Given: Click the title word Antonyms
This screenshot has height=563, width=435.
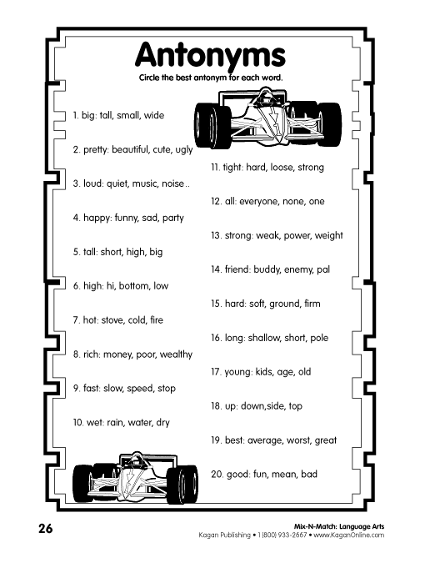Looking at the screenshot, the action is pos(210,56).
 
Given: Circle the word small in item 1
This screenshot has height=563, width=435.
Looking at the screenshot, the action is pos(128,115).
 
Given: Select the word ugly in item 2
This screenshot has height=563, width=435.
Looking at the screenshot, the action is pos(184,150).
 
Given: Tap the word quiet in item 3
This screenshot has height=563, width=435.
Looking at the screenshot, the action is pos(117,183).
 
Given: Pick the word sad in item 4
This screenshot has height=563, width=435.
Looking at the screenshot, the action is pos(150,218).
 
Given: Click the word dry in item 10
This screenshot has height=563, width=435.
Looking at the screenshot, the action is pos(162,423).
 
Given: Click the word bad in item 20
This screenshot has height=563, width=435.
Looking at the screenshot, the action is pos(309,474).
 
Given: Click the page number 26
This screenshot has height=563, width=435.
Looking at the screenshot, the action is pos(46,529).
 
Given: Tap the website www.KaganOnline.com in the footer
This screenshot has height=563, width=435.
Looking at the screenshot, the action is pos(349,535).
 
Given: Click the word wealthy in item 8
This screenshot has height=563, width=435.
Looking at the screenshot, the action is pos(176,354).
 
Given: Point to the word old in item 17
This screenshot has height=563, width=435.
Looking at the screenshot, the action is pos(304,372).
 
